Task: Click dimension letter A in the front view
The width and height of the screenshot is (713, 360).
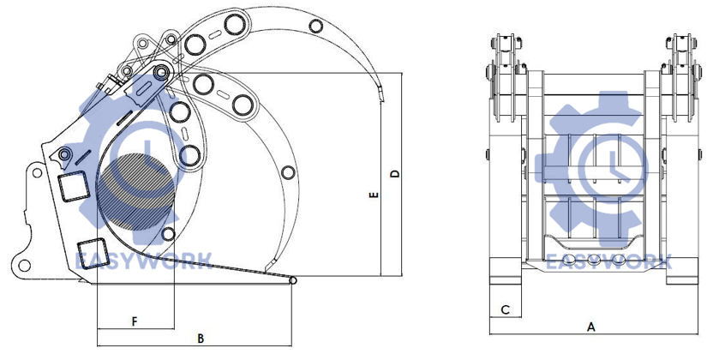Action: coord(591,327)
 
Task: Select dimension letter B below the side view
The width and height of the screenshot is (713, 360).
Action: coord(201,339)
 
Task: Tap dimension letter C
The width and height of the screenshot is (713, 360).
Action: coord(506,310)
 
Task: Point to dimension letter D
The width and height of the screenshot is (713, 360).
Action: coord(396,173)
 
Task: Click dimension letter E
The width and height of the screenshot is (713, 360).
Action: coord(374,195)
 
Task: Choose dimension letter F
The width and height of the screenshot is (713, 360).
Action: coord(135,321)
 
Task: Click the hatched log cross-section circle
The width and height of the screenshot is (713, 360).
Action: coord(136,193)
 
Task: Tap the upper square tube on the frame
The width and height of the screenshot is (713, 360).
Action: coord(73,186)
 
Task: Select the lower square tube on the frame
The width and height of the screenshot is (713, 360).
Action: coord(93,253)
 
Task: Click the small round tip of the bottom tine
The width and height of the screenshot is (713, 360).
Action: coord(293,281)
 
